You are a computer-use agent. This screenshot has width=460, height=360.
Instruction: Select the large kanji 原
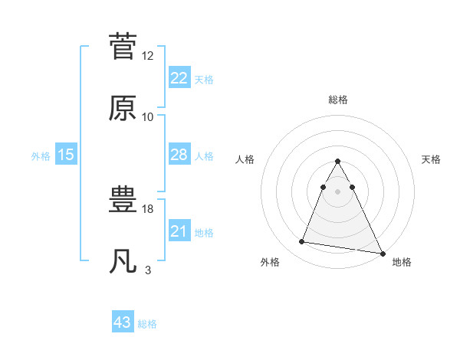123,108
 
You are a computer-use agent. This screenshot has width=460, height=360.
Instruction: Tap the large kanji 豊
123,201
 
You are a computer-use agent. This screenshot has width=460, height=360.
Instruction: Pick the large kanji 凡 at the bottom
123,263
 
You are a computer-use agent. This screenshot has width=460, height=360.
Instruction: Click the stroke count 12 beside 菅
148,56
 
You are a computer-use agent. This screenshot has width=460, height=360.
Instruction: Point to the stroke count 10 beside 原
148,117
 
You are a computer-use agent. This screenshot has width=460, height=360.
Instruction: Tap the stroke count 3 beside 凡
148,270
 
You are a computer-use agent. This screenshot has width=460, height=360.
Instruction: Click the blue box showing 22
179,77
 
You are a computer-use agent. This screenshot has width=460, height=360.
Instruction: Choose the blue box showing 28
179,155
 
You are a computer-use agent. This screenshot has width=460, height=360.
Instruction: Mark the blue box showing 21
179,231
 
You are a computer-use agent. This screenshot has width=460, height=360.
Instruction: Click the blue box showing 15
66,155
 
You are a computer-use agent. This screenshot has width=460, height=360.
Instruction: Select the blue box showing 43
123,322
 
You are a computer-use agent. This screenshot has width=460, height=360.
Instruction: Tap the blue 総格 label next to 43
147,324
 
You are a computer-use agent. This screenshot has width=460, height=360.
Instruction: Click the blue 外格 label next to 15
41,155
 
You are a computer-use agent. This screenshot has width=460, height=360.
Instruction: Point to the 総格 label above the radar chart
338,100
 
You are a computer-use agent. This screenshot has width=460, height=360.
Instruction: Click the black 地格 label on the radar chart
402,262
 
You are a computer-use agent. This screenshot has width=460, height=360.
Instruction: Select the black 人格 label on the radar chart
245,159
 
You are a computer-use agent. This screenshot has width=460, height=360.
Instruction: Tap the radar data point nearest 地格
381,253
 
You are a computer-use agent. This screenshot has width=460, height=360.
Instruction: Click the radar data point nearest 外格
301,242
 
